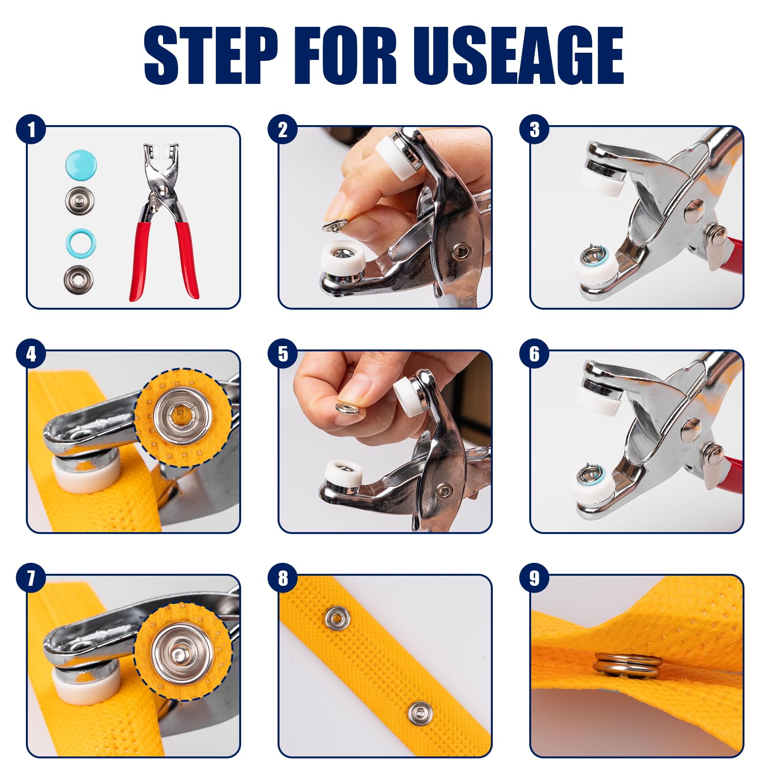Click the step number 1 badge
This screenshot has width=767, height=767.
coord(31,129)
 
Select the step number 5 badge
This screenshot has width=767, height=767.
coord(283,354)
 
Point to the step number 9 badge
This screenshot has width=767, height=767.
coord(535,578)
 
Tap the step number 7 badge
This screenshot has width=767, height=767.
coord(31,578)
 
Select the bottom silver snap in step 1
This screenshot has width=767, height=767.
coord(79,279)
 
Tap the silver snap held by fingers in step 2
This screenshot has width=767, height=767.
coord(335,224)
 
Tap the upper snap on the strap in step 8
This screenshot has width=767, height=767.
coord(337,619)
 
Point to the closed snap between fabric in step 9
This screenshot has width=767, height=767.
coord(628,665)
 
